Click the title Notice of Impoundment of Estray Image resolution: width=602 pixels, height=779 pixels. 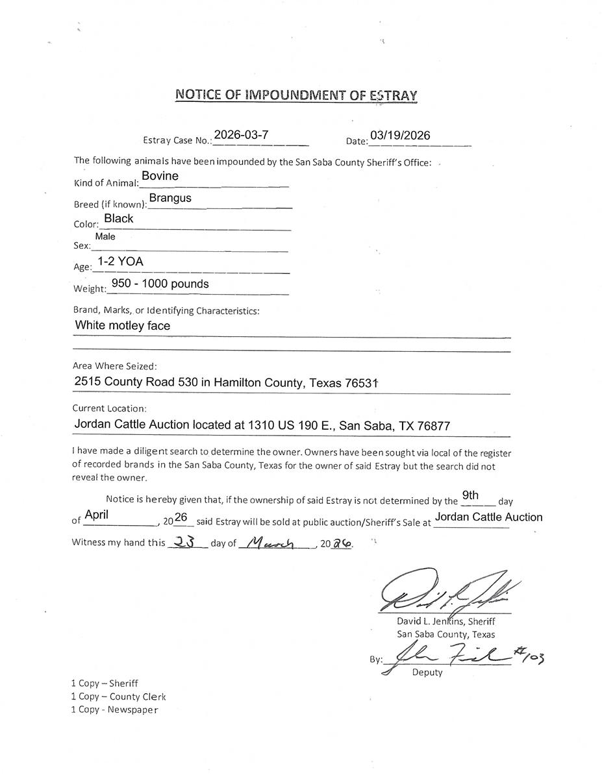(x=296, y=95)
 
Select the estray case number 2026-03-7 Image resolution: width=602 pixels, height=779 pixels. (x=241, y=135)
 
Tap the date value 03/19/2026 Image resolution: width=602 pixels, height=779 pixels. (x=399, y=136)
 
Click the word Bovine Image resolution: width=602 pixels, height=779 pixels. (x=160, y=176)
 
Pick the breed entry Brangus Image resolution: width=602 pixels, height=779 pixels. (x=170, y=198)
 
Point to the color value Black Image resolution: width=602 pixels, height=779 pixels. (x=118, y=219)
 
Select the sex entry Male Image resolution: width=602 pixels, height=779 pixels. (x=105, y=237)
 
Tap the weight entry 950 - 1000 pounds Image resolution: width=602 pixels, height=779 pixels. (x=160, y=284)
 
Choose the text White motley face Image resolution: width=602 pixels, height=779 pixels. (x=123, y=325)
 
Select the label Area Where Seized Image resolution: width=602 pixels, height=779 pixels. (x=114, y=366)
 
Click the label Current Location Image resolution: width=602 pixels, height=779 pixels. (x=109, y=409)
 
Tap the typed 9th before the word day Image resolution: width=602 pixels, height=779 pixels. (x=470, y=496)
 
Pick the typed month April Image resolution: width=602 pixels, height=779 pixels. (x=96, y=515)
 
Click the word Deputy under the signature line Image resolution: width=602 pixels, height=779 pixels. (x=427, y=673)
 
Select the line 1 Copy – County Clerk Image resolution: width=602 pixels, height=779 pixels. (x=118, y=697)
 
